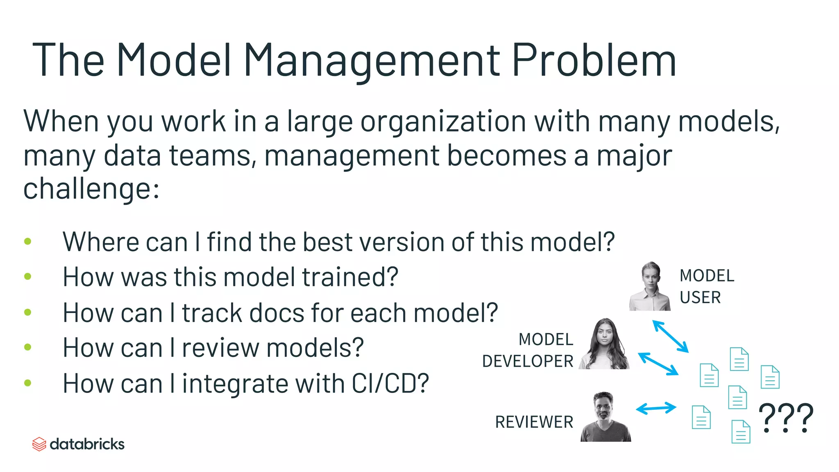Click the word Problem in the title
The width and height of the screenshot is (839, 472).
click(x=594, y=61)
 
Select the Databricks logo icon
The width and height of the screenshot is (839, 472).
click(x=39, y=444)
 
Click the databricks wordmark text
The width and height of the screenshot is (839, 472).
click(x=87, y=444)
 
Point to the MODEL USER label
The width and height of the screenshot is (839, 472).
click(x=707, y=286)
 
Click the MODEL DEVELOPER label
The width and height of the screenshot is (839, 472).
click(x=528, y=350)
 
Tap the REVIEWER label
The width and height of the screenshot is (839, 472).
click(x=534, y=422)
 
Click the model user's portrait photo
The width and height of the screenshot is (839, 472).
click(x=650, y=286)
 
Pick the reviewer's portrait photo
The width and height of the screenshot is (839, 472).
click(x=605, y=417)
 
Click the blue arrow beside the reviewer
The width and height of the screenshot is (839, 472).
click(x=656, y=408)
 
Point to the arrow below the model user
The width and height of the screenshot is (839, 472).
click(x=671, y=336)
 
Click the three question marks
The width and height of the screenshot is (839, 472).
click(x=786, y=418)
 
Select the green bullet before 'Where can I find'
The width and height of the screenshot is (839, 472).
click(x=28, y=241)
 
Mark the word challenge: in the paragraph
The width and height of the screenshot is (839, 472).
click(x=91, y=189)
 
